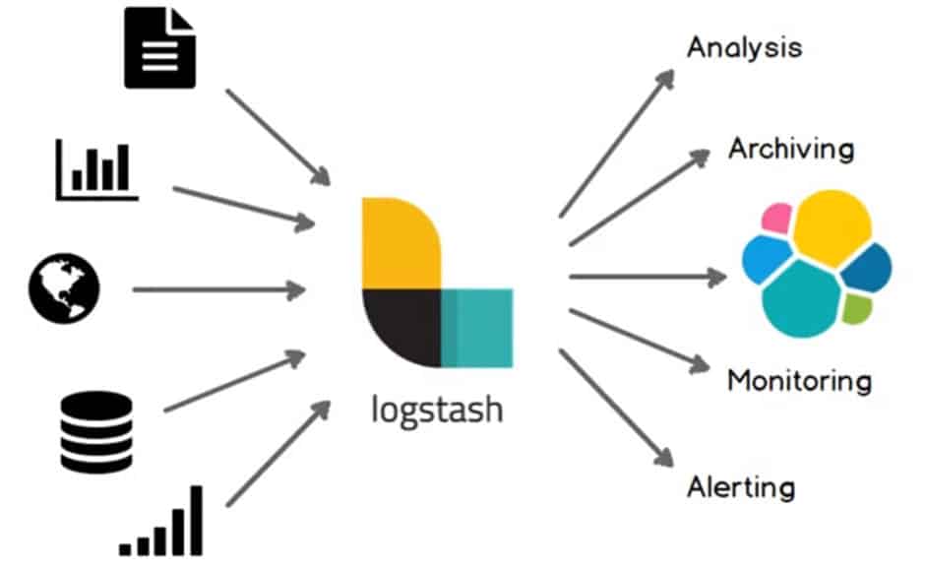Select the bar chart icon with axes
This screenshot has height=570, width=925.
click(97, 169)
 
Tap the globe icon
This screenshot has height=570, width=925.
click(66, 289)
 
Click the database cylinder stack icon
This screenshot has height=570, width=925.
click(95, 431)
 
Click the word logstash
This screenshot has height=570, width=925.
click(437, 408)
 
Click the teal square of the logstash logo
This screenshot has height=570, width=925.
click(477, 328)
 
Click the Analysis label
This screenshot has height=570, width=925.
click(744, 47)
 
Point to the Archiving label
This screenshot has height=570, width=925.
click(791, 149)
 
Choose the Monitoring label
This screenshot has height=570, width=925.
click(799, 380)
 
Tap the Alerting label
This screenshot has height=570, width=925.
click(741, 486)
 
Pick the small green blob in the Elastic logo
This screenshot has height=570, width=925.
click(855, 309)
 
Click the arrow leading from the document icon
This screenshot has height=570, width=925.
click(278, 137)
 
